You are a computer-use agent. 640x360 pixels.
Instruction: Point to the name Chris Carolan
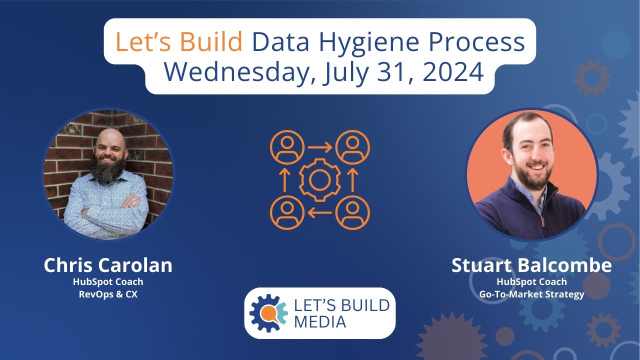pyautogui.click(x=108, y=265)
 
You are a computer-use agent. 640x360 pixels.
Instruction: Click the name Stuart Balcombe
pyautogui.click(x=531, y=265)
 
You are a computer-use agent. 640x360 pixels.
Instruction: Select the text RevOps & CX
pyautogui.click(x=108, y=294)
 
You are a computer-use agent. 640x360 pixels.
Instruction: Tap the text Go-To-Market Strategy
pyautogui.click(x=531, y=294)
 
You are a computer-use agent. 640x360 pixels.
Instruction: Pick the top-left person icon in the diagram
pyautogui.click(x=287, y=147)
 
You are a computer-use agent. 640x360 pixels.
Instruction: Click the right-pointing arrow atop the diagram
pyautogui.click(x=320, y=147)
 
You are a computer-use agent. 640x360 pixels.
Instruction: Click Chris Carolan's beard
pyautogui.click(x=108, y=169)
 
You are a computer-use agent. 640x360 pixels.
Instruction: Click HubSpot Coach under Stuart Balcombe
pyautogui.click(x=531, y=282)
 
